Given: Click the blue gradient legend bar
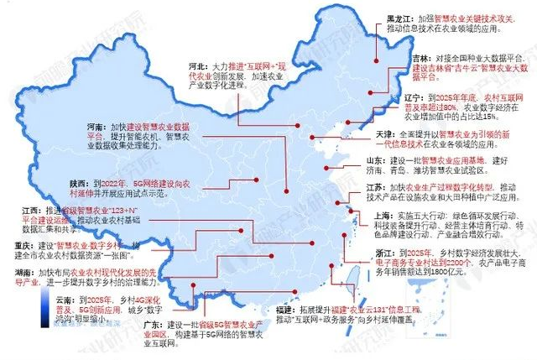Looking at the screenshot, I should pos(18,313).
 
